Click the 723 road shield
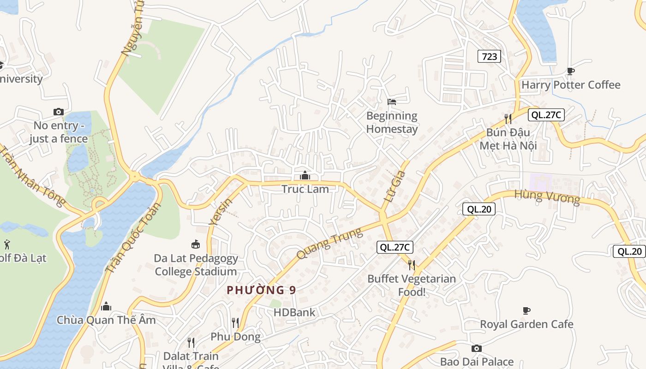(489, 56)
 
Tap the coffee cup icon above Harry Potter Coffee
(571, 71)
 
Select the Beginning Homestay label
(392, 122)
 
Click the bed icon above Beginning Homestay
(392, 101)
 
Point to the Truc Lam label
(305, 189)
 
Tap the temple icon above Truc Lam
(305, 175)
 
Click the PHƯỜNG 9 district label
(261, 290)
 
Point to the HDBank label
(294, 312)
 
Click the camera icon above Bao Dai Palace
(477, 348)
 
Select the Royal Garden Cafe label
(526, 324)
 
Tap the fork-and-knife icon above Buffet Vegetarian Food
(411, 265)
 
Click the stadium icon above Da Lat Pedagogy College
(196, 244)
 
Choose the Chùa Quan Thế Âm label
(106, 320)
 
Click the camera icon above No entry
(58, 112)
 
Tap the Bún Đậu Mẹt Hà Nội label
(508, 139)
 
